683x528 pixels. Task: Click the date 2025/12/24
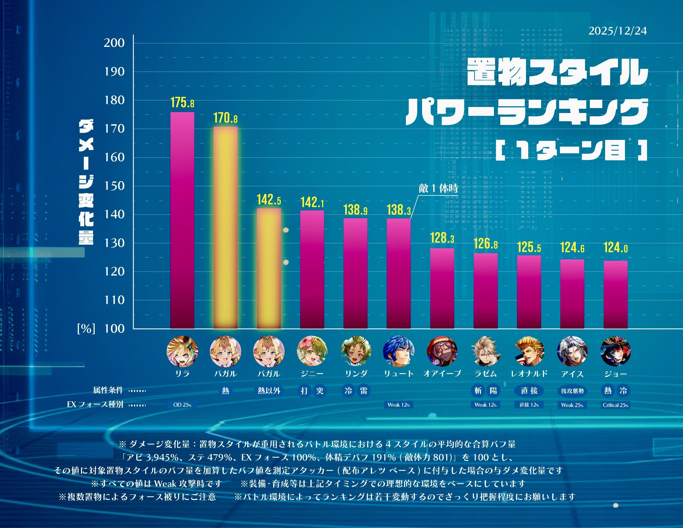[617, 31]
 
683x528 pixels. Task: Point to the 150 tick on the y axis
[114, 186]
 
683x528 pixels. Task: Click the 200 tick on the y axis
[114, 43]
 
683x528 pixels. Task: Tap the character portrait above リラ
[182, 351]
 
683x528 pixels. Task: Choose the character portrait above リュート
[398, 351]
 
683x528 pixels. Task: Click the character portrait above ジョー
[615, 351]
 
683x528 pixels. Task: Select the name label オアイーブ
[442, 374]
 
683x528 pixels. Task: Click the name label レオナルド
[529, 374]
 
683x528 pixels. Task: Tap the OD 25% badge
[182, 405]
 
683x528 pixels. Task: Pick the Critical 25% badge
[615, 405]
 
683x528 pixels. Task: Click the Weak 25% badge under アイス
[572, 405]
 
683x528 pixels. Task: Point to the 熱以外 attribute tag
[269, 391]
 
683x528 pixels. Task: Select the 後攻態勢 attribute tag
[572, 391]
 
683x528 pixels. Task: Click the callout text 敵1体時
[438, 188]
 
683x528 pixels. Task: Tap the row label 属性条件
[108, 390]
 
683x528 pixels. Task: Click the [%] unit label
[86, 329]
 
